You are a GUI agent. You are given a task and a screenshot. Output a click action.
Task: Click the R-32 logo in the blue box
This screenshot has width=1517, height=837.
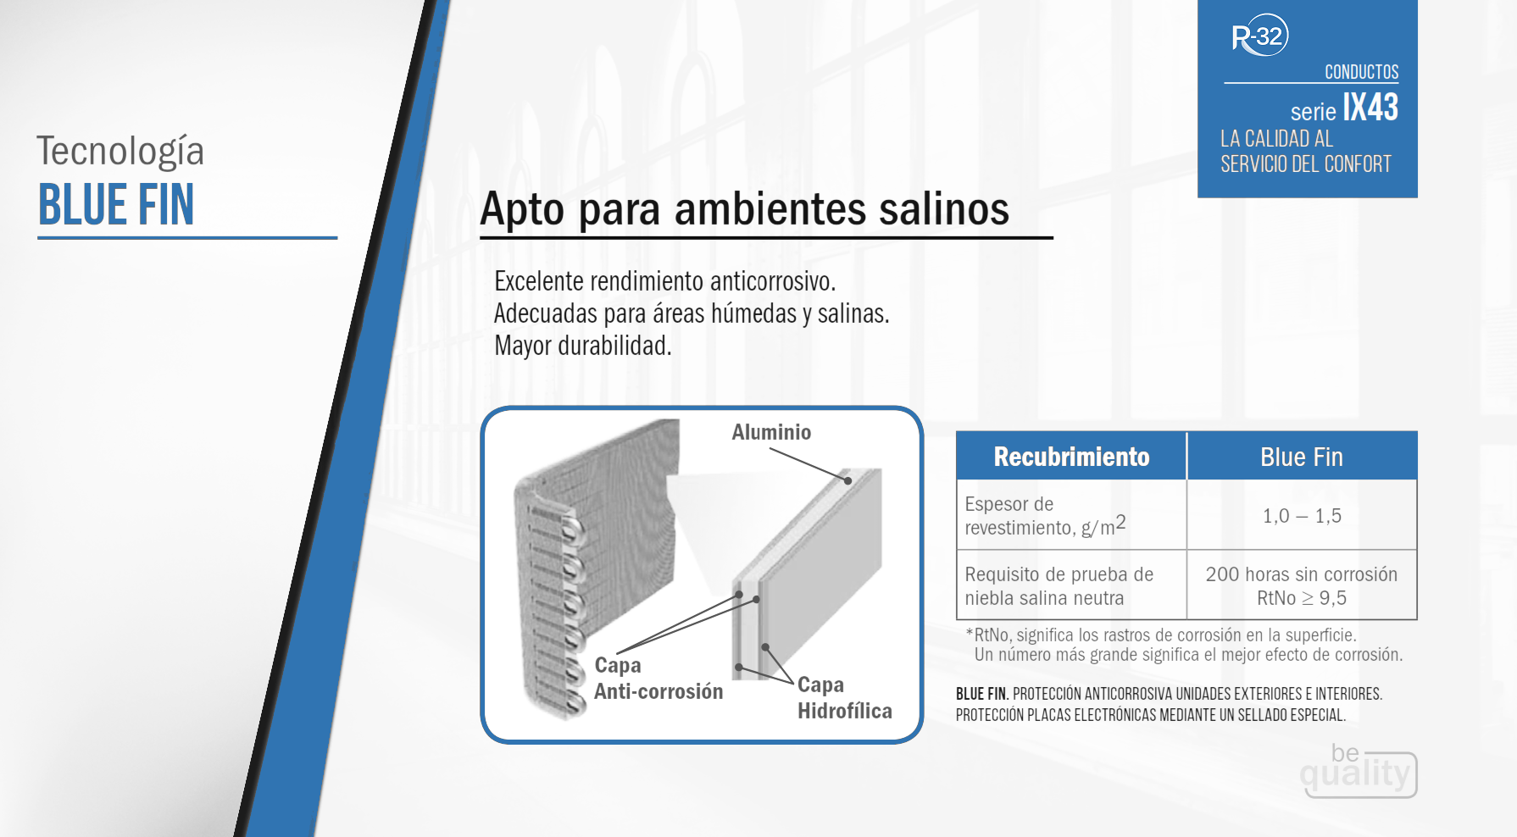[x=1259, y=36]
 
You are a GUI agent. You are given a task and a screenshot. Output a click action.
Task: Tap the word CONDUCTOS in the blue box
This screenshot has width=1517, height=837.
[x=1361, y=72]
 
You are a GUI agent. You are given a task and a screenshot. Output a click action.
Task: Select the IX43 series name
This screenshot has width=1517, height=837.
[x=1370, y=108]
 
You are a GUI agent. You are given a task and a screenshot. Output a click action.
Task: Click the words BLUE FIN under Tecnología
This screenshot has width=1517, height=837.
[x=116, y=205]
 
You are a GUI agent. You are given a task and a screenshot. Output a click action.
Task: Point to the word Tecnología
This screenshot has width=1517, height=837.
[x=120, y=152]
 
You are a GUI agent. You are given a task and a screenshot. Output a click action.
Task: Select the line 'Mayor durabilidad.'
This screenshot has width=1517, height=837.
[x=583, y=346]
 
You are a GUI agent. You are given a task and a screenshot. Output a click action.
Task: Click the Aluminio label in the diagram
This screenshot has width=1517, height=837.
[x=771, y=432]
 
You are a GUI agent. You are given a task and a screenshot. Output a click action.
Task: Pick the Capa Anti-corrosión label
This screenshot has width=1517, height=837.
[x=658, y=679]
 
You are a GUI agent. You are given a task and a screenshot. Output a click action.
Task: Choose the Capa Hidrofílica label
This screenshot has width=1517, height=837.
[x=845, y=698]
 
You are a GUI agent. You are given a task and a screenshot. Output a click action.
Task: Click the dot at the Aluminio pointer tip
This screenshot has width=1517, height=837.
[x=847, y=480]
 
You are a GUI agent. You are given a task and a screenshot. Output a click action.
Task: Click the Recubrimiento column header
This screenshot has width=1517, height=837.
[x=1071, y=457]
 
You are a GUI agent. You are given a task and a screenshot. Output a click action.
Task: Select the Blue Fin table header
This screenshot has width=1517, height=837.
[x=1302, y=457]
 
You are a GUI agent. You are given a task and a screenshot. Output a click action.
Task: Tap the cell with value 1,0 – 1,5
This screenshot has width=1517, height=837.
[x=1302, y=516]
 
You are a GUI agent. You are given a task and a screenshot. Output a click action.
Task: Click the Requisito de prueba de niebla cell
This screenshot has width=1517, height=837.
[x=1059, y=585]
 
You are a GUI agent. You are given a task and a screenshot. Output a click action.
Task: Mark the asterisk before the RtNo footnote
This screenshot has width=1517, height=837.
[x=970, y=633]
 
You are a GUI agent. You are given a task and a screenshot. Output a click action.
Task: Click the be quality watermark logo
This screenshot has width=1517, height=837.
[x=1359, y=770]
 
